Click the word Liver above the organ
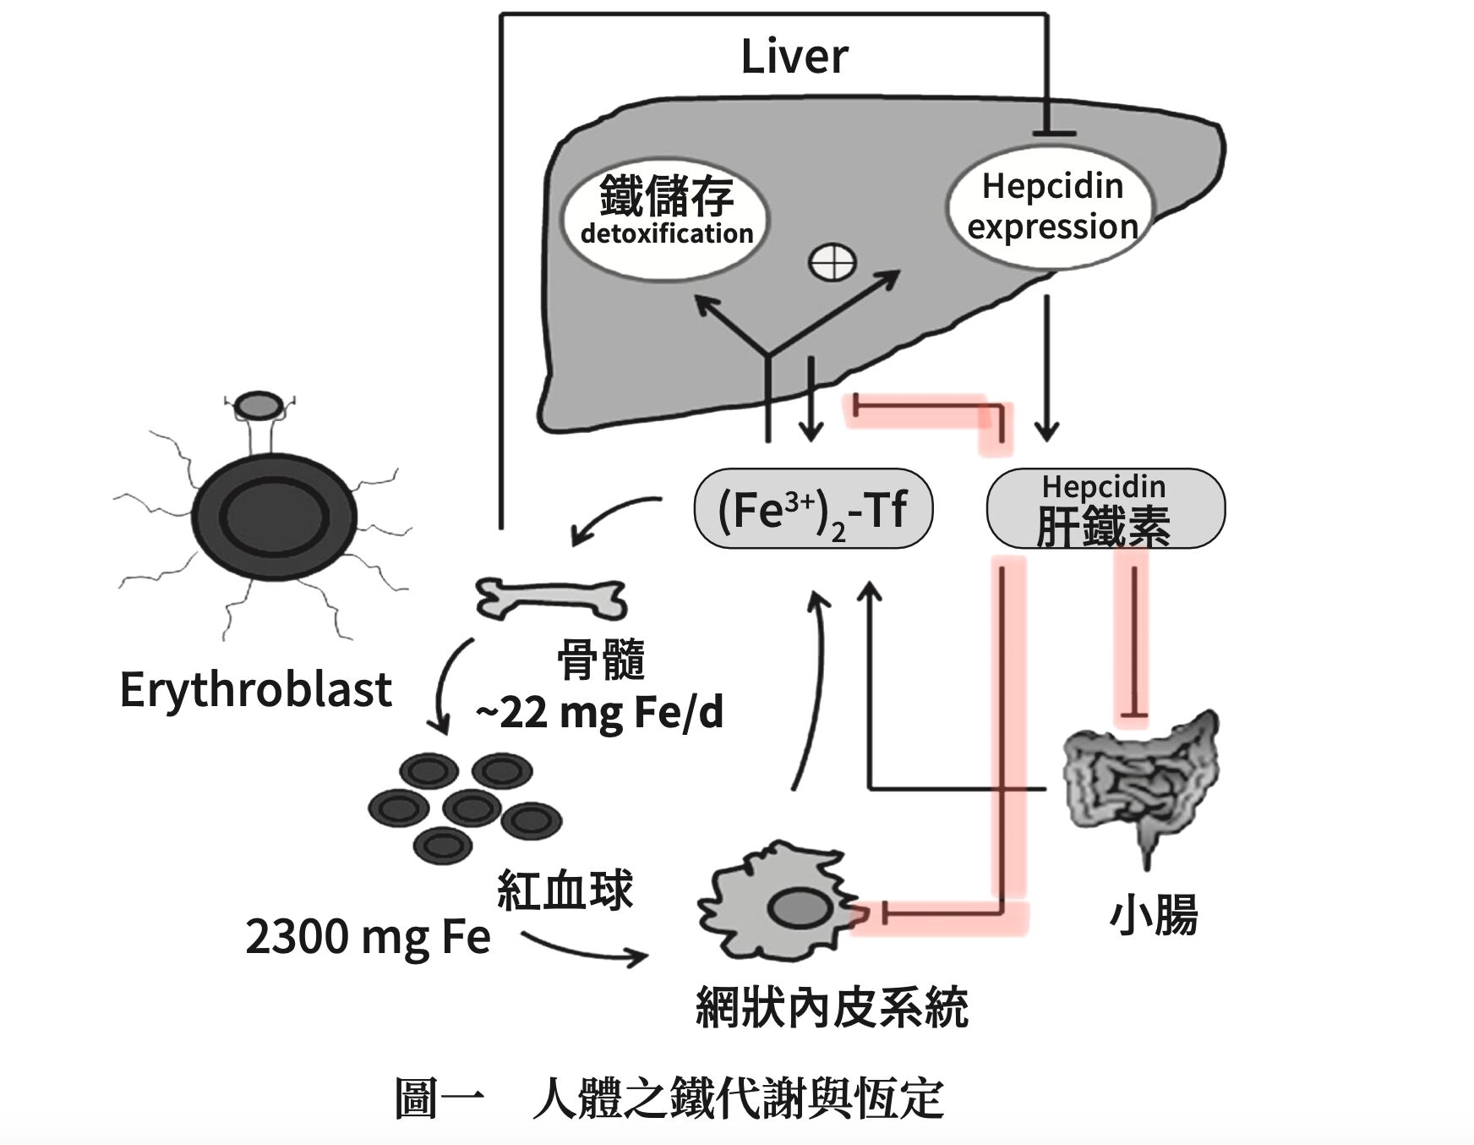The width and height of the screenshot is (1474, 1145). point(794,57)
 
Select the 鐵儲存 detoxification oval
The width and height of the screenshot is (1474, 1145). point(666,217)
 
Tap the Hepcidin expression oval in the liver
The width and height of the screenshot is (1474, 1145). point(1051,207)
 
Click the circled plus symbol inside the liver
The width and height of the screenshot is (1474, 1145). point(833,262)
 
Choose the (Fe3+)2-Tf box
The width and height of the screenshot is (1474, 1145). point(812,509)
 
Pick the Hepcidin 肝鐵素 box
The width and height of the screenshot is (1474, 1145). point(1105,509)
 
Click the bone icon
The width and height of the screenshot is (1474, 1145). point(551,599)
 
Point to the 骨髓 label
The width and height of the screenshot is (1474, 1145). point(601,660)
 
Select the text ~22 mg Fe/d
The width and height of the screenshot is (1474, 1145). point(599,712)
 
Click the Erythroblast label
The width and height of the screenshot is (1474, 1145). point(255,689)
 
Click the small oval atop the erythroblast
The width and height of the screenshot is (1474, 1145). point(259,407)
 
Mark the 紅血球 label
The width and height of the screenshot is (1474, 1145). point(565,890)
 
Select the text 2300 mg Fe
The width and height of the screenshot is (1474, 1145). point(368,937)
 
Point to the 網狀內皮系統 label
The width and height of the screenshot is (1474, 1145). point(832,1008)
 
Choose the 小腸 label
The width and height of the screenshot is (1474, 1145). point(1153,915)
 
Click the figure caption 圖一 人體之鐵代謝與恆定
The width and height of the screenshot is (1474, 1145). point(669,1098)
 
